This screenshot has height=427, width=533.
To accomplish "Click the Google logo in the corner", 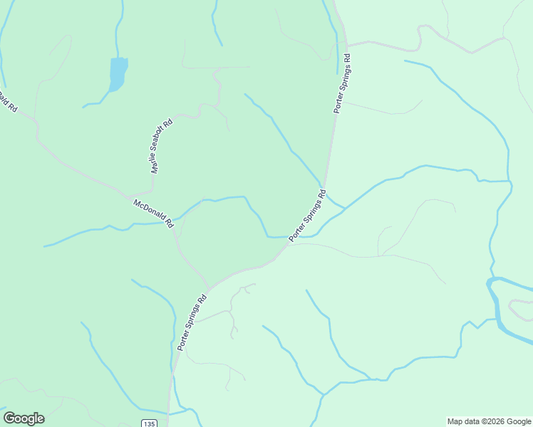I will (x=24, y=418).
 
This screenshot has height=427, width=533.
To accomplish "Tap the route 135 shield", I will (x=148, y=423).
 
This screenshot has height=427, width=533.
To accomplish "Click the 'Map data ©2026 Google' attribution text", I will (x=489, y=421).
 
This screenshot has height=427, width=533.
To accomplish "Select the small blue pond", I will (x=118, y=73).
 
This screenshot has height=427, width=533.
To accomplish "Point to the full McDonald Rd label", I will (x=154, y=213).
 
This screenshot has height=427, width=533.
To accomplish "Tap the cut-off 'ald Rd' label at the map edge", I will (x=6, y=100).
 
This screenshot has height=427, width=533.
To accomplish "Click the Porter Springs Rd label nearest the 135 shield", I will (x=192, y=322).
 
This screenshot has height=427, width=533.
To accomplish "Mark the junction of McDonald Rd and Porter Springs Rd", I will (x=209, y=288).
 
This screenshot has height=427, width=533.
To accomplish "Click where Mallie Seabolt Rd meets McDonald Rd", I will (x=129, y=196).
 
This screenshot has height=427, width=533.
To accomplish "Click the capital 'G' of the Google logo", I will (x=9, y=418).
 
